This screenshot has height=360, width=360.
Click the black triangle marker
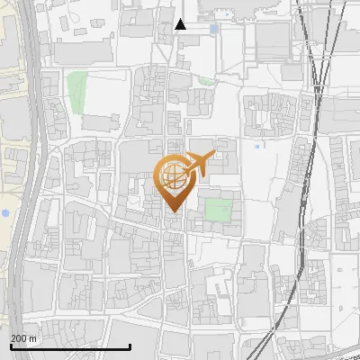[x=180, y=24]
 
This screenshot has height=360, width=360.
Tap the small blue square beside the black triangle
[x=213, y=30]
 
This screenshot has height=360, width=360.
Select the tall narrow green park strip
[x=76, y=89]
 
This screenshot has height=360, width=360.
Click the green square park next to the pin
[x=217, y=210]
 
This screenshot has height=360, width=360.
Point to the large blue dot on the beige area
[x=5, y=212]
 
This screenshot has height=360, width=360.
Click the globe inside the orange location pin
[x=172, y=176]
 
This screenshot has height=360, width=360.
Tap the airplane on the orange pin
[x=198, y=164]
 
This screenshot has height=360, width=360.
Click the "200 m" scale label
[x=23, y=338]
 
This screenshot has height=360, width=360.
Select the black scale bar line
[x=70, y=346]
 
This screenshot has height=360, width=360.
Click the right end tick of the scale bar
[x=130, y=346]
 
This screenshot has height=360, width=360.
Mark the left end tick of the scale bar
[x=10, y=346]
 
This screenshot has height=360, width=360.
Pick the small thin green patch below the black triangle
[x=207, y=82]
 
